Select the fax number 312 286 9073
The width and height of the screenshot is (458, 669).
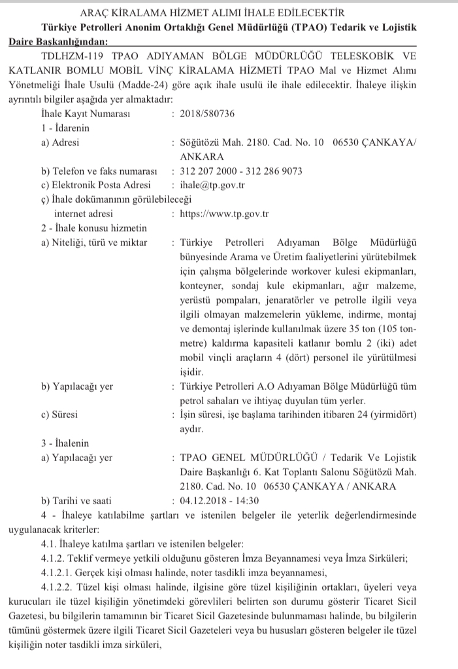(x=270, y=171)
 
